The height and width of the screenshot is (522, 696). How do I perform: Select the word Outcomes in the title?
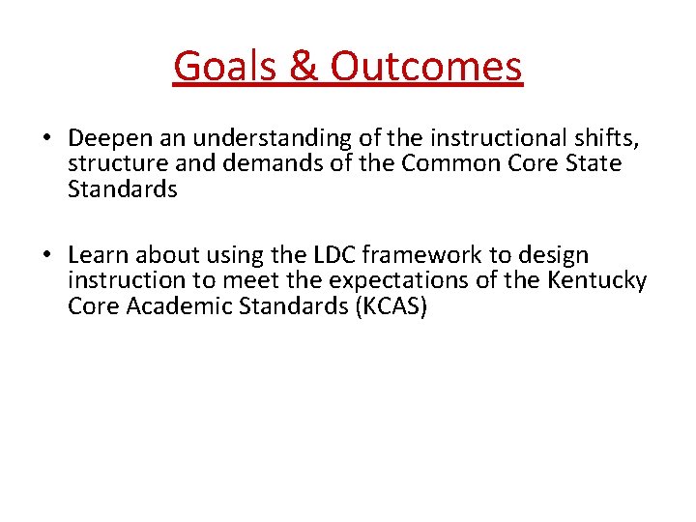[426, 67]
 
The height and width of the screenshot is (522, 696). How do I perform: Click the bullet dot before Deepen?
[46, 138]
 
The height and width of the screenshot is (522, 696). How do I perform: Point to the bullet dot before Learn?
[46, 256]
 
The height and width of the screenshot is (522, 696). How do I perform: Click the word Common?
[449, 164]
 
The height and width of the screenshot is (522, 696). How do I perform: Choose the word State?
[592, 164]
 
